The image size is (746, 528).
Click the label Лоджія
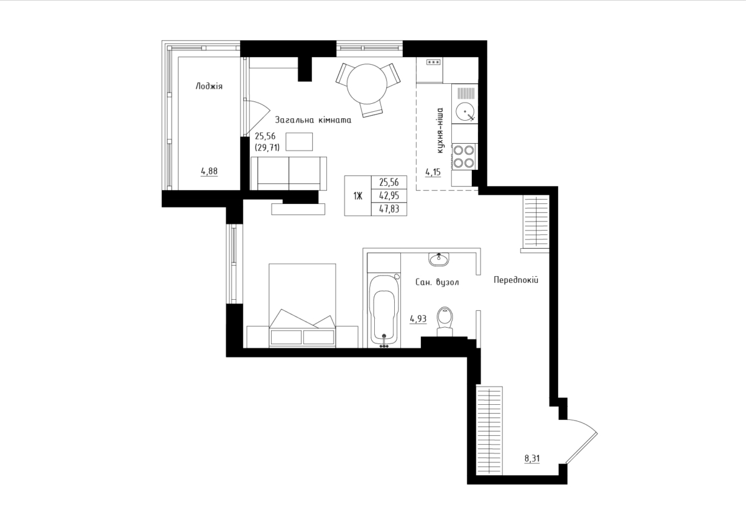pos(209,86)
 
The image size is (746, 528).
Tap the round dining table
pos(367,84)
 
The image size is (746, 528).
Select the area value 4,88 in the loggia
pos(209,171)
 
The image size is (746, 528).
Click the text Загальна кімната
pos(313,120)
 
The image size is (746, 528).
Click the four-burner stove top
pos(464,157)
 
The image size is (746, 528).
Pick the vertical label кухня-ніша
pos(440,130)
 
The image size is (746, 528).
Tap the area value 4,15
pos(433,172)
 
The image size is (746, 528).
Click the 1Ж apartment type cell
pos(357,196)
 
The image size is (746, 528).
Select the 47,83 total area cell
pos(389,209)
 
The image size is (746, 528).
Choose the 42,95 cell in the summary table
pos(389,195)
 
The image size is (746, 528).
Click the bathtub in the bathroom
pos(384,310)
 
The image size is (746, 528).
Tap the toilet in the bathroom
pos(444,322)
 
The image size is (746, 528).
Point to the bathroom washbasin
pos(439,259)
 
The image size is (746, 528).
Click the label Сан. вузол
pos(437,282)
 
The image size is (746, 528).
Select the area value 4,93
pos(418,319)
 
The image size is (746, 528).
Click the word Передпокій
pos(516,280)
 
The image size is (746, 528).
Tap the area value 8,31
pos(532,459)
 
